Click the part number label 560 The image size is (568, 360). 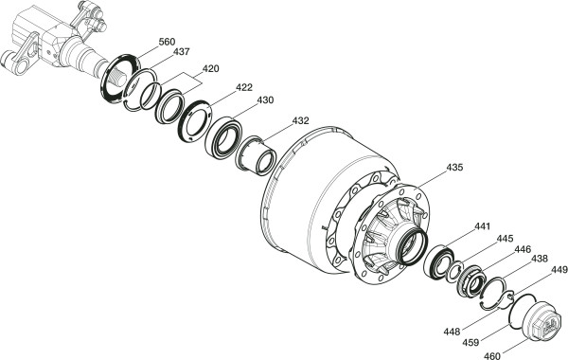tap(167, 42)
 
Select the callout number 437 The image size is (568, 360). tap(181, 52)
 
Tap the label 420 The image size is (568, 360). tap(210, 68)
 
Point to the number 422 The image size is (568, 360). tap(244, 87)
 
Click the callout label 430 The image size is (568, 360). tap(265, 100)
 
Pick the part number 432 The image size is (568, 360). tap(301, 120)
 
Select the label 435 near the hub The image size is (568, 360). tap(454, 168)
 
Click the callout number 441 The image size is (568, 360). tap(482, 226)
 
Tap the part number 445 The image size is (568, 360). tap(505, 239)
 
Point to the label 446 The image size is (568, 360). tap(523, 249)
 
